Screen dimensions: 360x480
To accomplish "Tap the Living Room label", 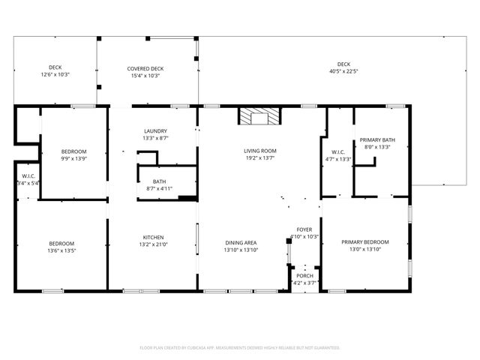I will [259, 151].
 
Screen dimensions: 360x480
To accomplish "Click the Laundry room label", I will [155, 130].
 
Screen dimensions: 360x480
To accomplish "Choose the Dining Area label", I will [241, 242].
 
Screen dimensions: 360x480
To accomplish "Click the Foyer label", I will [304, 229].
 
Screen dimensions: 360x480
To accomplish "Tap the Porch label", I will [304, 276].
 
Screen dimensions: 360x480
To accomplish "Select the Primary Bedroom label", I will [365, 241].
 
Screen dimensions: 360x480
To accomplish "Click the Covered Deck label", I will [145, 68].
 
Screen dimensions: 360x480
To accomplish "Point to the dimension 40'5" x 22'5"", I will [343, 72].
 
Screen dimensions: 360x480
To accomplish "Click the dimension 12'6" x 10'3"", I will [55, 75].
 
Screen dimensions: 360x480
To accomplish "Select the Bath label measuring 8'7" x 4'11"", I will [159, 188].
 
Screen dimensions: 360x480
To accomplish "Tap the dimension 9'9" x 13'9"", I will [73, 158].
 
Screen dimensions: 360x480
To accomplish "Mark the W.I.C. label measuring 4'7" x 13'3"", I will [337, 158].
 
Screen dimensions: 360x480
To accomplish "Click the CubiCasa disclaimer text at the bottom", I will [240, 348].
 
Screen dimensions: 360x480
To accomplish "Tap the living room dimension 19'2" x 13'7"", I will [259, 158].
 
